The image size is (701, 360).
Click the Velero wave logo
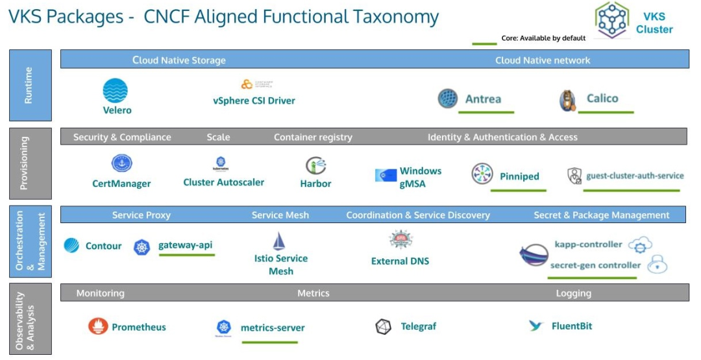[116, 91]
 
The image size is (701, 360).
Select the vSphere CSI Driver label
[254, 101]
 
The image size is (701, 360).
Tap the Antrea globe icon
[447, 99]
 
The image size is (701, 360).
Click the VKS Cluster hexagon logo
[611, 21]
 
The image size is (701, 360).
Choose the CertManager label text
[121, 184]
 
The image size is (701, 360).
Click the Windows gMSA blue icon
[386, 175]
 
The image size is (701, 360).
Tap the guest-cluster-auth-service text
[635, 176]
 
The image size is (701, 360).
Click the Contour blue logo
[71, 246]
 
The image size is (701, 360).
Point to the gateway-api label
[185, 245]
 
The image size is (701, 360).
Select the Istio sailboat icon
[279, 242]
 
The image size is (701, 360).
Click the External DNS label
[400, 261]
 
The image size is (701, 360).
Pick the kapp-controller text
[588, 245]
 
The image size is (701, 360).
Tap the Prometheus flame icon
[98, 326]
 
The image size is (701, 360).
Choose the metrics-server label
[273, 328]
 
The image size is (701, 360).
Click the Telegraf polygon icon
[384, 327]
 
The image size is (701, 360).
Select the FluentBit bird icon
[535, 326]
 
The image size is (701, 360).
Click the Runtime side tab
[30, 85]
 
